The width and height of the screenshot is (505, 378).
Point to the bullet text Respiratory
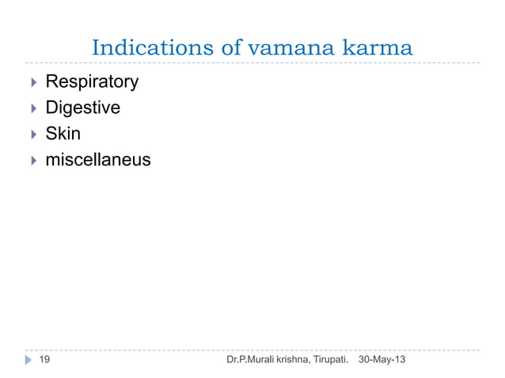[92, 81]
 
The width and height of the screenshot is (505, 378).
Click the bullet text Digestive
[82, 108]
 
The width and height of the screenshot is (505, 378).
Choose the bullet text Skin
[63, 134]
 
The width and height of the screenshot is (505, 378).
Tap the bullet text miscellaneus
[98, 160]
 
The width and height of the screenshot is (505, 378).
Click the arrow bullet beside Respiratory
[32, 81]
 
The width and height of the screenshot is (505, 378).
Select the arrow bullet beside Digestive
[32, 108]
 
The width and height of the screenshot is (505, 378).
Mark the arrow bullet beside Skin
[32, 134]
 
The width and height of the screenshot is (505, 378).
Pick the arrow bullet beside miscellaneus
[32, 160]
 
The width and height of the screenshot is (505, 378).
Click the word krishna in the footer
[298, 360]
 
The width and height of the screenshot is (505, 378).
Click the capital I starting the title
[97, 48]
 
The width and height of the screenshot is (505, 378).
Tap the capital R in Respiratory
[51, 81]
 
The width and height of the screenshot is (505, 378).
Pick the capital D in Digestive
[51, 108]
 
